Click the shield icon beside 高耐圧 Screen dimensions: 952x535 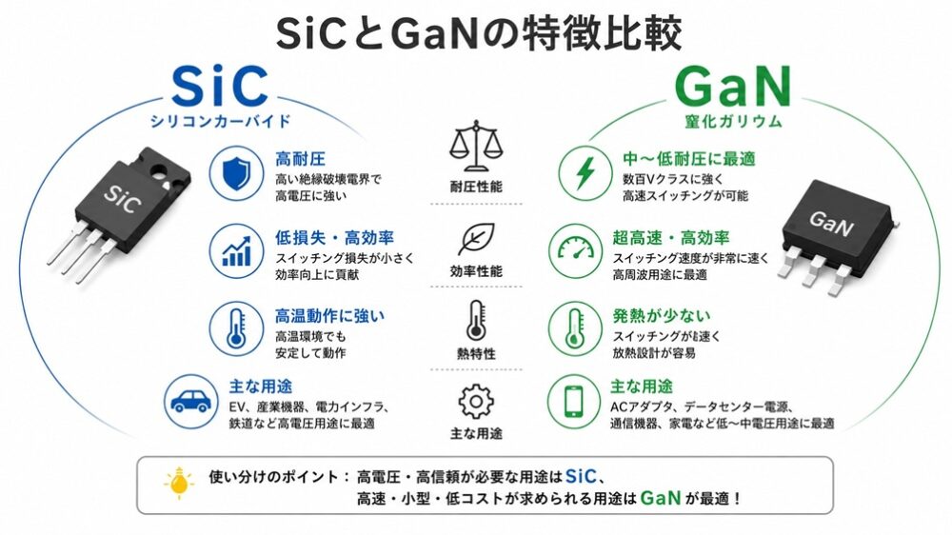point(236,173)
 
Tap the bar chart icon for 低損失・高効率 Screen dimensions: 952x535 point(236,251)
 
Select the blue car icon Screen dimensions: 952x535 point(191,402)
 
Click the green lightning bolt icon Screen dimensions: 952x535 point(585,173)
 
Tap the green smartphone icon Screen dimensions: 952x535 point(574,402)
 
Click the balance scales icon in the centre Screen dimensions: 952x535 point(477,146)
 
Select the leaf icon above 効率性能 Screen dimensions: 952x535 point(476,239)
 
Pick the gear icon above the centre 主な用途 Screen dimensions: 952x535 point(476,402)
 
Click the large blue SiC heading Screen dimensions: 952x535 point(220,87)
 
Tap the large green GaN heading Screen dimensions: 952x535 point(733,87)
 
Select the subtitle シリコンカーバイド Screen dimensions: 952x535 point(221,121)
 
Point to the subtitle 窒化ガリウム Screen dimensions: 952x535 point(733,121)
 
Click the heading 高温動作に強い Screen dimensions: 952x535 point(329,316)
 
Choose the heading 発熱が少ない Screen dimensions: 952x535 point(662,316)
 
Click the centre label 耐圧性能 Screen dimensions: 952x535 point(476,187)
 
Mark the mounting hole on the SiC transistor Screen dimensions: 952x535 point(161,174)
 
